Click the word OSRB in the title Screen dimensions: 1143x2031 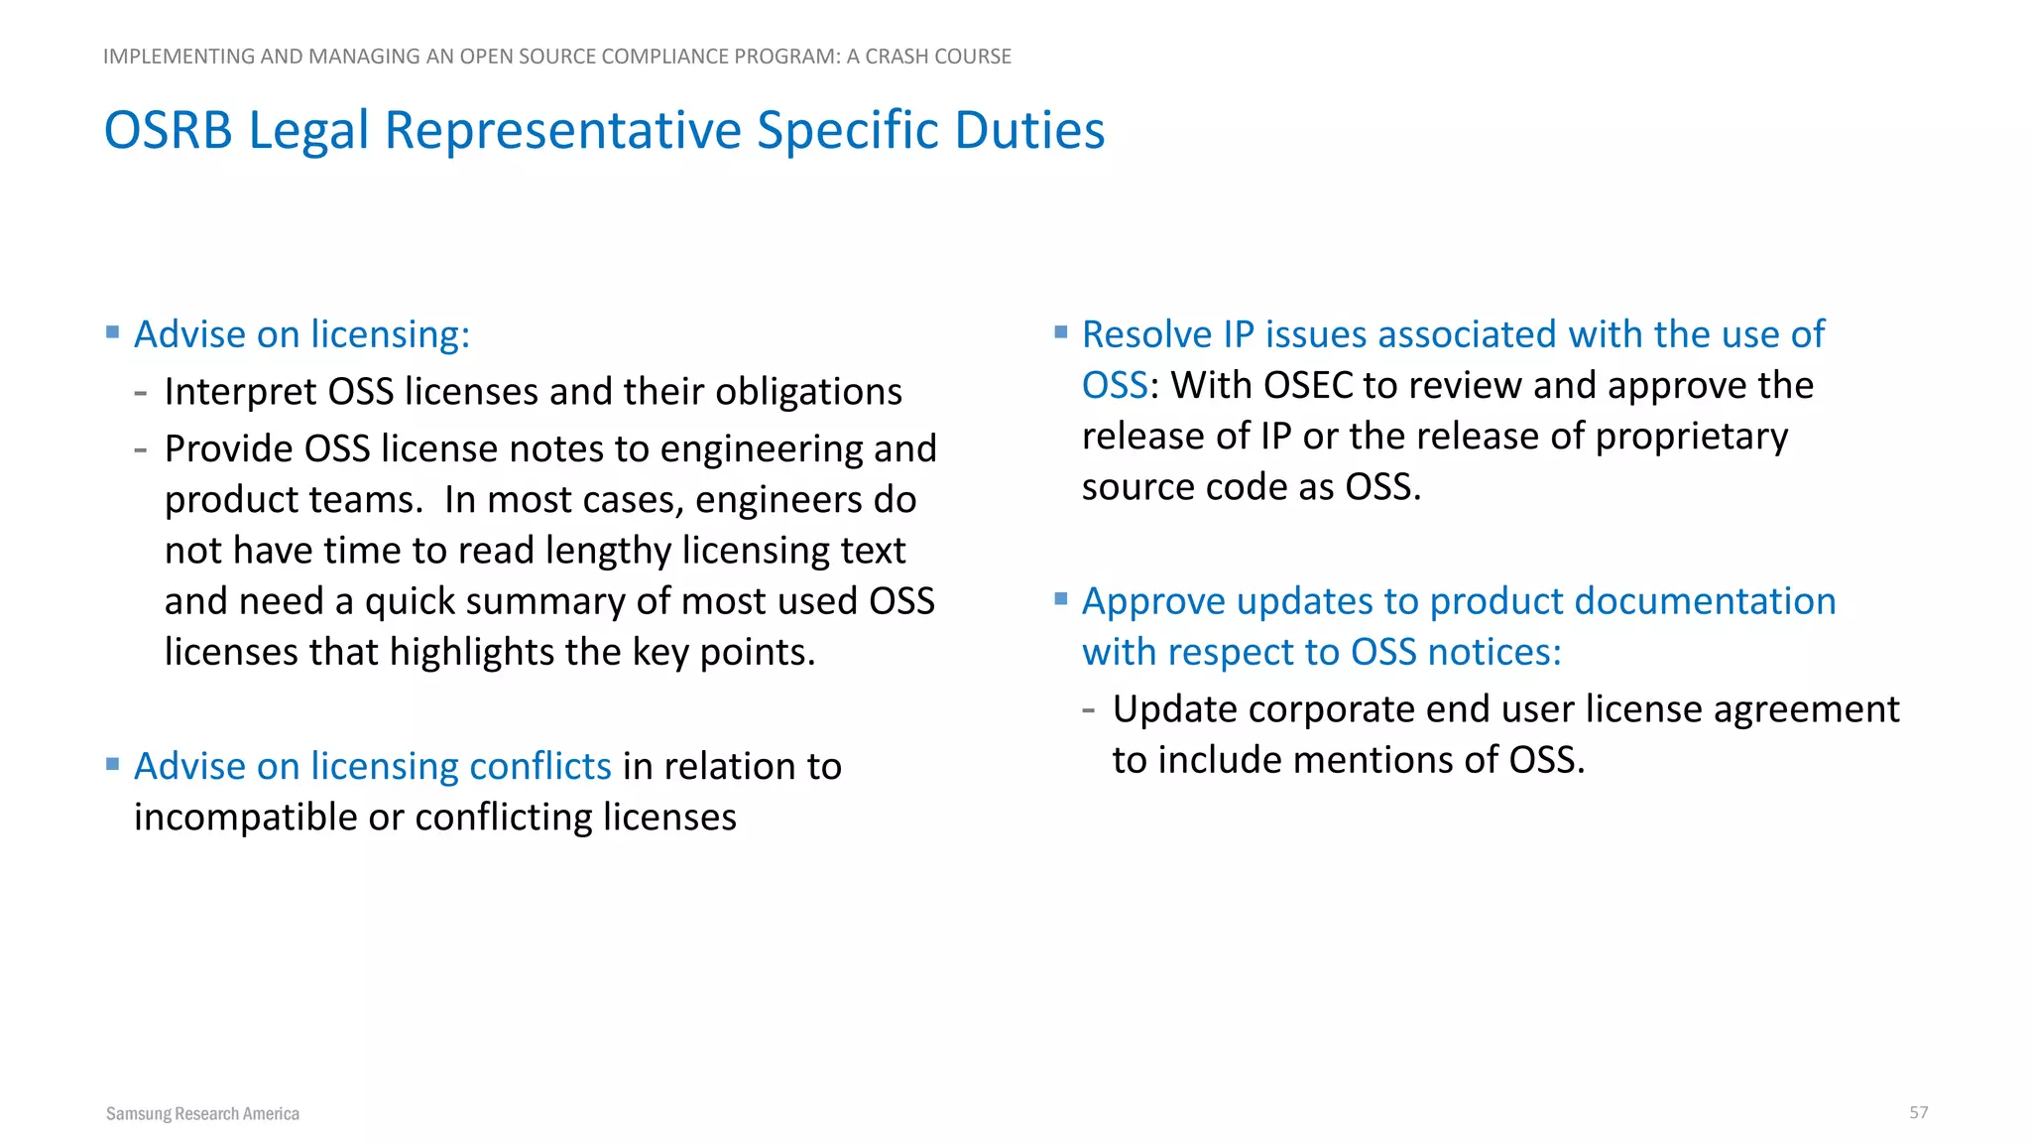tap(169, 131)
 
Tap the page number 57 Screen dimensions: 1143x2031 tap(1918, 1112)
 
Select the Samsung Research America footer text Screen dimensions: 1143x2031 tap(202, 1113)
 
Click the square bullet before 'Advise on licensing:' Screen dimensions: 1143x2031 tap(113, 332)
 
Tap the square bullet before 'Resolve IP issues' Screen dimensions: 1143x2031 tap(1061, 332)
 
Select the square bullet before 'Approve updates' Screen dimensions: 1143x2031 tap(1061, 598)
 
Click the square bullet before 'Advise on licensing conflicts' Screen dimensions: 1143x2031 tap(113, 764)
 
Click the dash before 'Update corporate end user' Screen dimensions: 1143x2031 tap(1089, 710)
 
